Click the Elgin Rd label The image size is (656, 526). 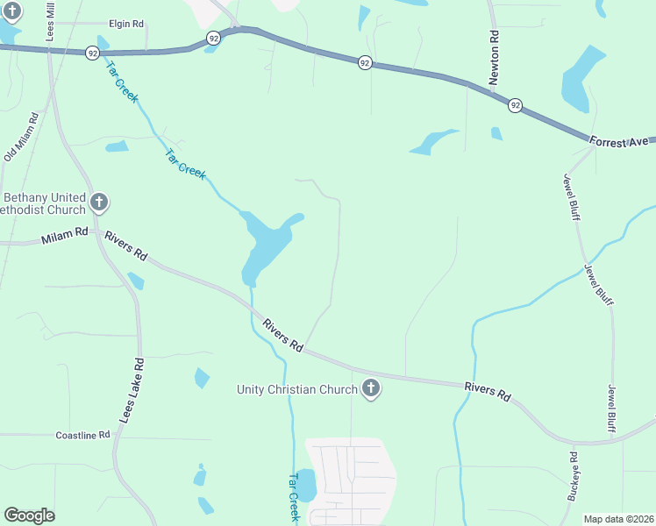125,24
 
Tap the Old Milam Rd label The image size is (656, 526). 22,137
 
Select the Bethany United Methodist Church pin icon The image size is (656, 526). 99,203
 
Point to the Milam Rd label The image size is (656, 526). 65,237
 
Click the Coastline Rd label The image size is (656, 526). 82,435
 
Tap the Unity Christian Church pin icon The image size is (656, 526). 371,388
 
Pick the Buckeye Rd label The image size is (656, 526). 573,475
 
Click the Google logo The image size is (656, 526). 29,515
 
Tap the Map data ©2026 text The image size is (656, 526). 619,519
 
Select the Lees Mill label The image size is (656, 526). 50,15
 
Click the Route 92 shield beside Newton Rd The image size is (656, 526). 515,105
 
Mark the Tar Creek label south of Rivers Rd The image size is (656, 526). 295,497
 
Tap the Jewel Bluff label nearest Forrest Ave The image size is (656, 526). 571,195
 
